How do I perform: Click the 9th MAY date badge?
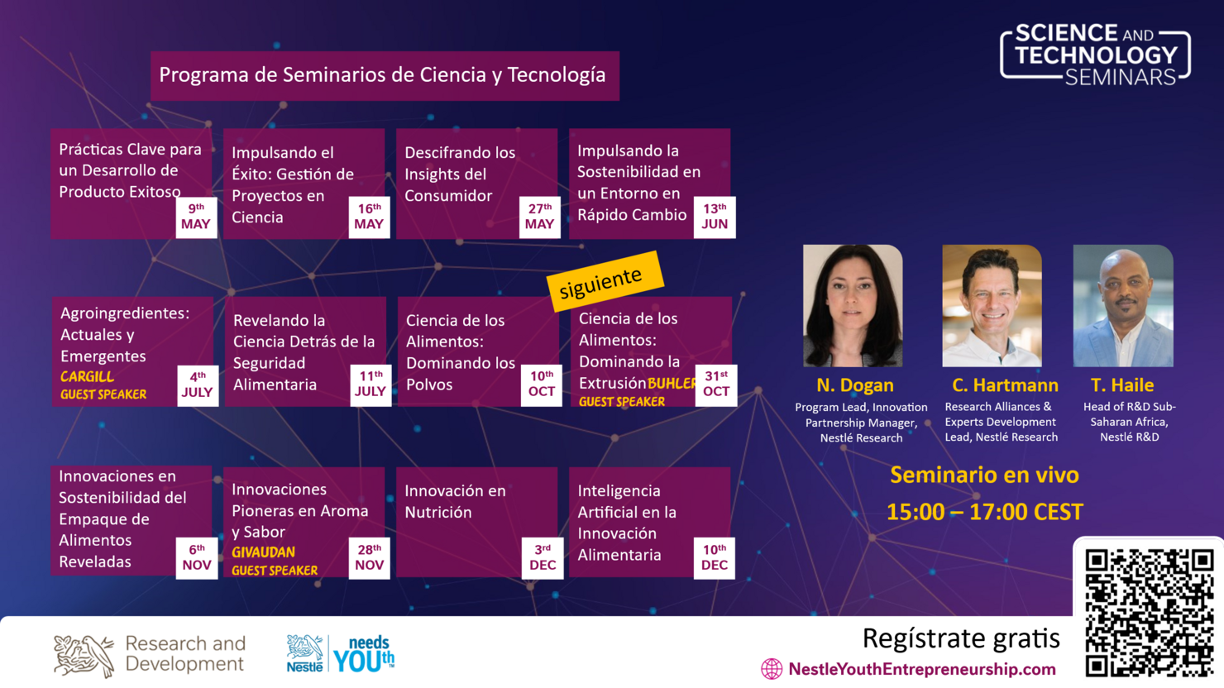coord(196,217)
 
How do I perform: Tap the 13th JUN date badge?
coord(715,217)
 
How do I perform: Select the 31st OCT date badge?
coord(716,384)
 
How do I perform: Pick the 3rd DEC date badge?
coord(543,557)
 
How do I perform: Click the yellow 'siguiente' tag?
coord(605,281)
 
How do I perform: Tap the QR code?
coord(1149,611)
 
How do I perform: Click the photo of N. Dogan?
coord(853,305)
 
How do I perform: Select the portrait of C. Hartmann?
coord(992,305)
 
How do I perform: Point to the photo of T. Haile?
coord(1122,305)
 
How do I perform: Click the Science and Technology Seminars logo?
coord(1096,55)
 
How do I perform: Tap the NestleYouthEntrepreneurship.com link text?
coord(921,669)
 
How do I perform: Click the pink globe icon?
coord(771,669)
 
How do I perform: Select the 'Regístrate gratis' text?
coord(960,638)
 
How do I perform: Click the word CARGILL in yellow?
coord(87,377)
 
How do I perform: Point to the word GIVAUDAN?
coord(263,552)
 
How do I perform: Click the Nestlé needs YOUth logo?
coord(340,653)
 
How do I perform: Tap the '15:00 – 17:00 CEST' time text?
coord(984,512)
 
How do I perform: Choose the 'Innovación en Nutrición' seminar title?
coord(454,501)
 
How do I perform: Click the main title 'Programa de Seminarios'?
coord(382,75)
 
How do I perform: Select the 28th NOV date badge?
coord(370,557)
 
